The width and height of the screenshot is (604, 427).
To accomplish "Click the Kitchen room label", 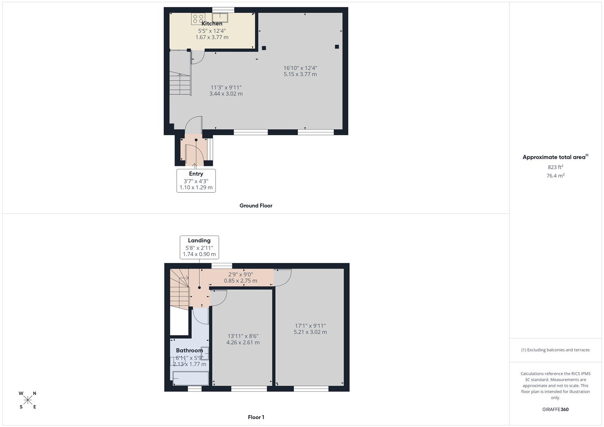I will click(212, 24).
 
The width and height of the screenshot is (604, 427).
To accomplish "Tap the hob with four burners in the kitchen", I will click(198, 19).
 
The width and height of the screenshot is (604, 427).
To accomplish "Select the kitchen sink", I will click(220, 17).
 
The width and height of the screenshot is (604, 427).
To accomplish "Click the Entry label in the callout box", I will click(196, 174).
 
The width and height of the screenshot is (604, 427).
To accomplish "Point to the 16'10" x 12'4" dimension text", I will click(300, 68).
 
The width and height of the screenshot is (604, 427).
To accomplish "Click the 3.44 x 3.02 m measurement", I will click(226, 94).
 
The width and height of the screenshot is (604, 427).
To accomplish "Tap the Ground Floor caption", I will click(256, 206).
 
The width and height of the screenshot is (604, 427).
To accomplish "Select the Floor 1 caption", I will click(256, 417).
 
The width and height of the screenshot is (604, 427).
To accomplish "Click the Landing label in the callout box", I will click(199, 240).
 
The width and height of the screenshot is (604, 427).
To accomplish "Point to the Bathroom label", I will click(189, 350).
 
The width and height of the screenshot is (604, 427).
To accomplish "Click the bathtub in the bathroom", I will click(191, 378).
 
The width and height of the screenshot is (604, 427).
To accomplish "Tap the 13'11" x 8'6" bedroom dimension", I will click(243, 336).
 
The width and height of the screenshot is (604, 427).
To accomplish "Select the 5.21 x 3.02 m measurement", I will click(310, 332).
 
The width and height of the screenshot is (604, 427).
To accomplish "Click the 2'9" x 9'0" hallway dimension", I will click(240, 274).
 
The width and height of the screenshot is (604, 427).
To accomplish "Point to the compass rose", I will click(28, 400).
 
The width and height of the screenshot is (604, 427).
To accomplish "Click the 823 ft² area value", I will click(555, 167).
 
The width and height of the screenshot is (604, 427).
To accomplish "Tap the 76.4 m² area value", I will click(555, 176).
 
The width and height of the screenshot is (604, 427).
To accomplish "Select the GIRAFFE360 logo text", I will click(555, 410).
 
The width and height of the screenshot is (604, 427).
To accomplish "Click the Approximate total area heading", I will click(555, 157).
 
